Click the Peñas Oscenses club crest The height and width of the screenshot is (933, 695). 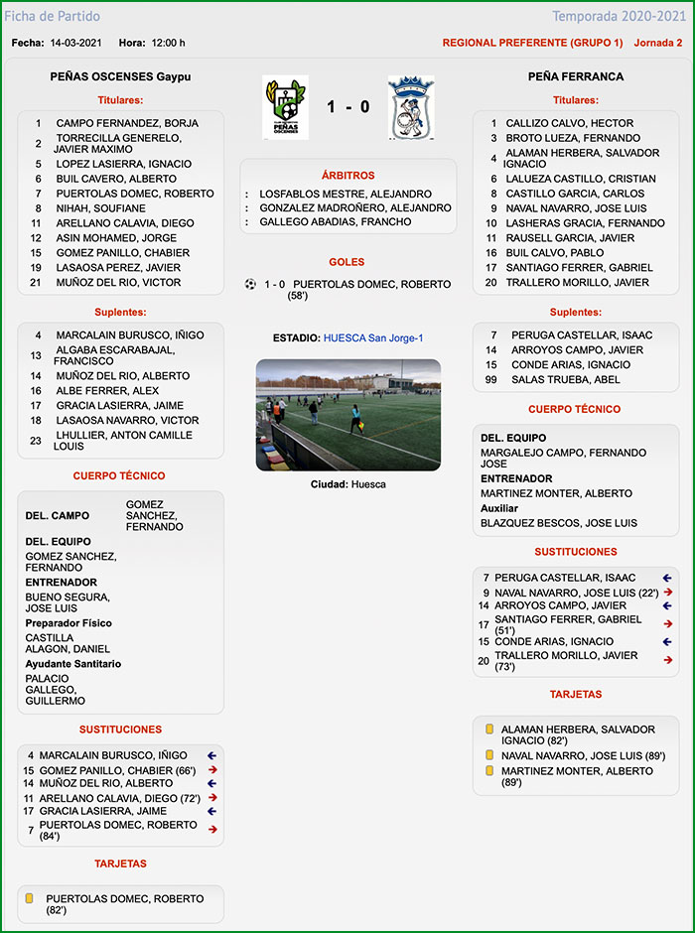pos(285,107)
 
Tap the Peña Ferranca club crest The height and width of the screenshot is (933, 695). pos(410,107)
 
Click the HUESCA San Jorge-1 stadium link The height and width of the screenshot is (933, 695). pos(373,338)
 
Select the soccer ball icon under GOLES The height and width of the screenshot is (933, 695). pos(250,284)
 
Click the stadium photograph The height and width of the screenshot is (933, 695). pos(347,414)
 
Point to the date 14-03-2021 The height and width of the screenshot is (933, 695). pos(77,43)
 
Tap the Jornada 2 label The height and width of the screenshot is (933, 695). pos(657,43)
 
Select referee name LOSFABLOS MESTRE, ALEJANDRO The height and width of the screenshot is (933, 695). pos(346,194)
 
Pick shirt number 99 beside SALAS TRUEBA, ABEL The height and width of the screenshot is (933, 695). pos(491,380)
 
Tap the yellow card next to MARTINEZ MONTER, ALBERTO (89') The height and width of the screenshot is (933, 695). pos(489,771)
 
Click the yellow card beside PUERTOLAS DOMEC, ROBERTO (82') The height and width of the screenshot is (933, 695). pos(30,899)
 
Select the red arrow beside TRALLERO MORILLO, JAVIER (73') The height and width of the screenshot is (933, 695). pos(668,660)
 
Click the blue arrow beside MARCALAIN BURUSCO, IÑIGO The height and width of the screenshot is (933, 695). pos(211,755)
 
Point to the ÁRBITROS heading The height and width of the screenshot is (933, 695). pos(347,176)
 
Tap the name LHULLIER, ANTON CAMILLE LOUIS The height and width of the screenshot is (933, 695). pos(109,441)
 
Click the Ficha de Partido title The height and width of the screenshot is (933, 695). pos(53,17)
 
